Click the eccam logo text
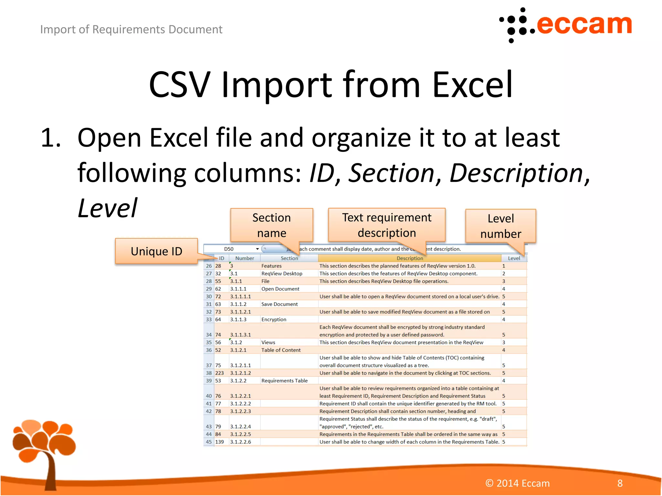pyautogui.click(x=583, y=25)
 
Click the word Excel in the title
pyautogui.click(x=472, y=85)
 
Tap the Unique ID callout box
pyautogui.click(x=156, y=251)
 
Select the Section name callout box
pyautogui.click(x=272, y=225)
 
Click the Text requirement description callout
pyautogui.click(x=387, y=225)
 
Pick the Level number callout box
pyautogui.click(x=500, y=226)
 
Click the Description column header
pyautogui.click(x=410, y=258)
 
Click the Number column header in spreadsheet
pyautogui.click(x=244, y=258)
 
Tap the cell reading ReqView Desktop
pyautogui.click(x=282, y=274)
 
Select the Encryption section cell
pyautogui.click(x=274, y=319)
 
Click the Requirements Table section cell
pyautogui.click(x=284, y=381)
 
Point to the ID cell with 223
pyautogui.click(x=219, y=373)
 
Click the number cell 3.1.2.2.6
pyautogui.click(x=240, y=442)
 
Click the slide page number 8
pyautogui.click(x=620, y=483)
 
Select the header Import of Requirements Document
pyautogui.click(x=131, y=29)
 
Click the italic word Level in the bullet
pyautogui.click(x=107, y=208)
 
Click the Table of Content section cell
pyautogui.click(x=281, y=350)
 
